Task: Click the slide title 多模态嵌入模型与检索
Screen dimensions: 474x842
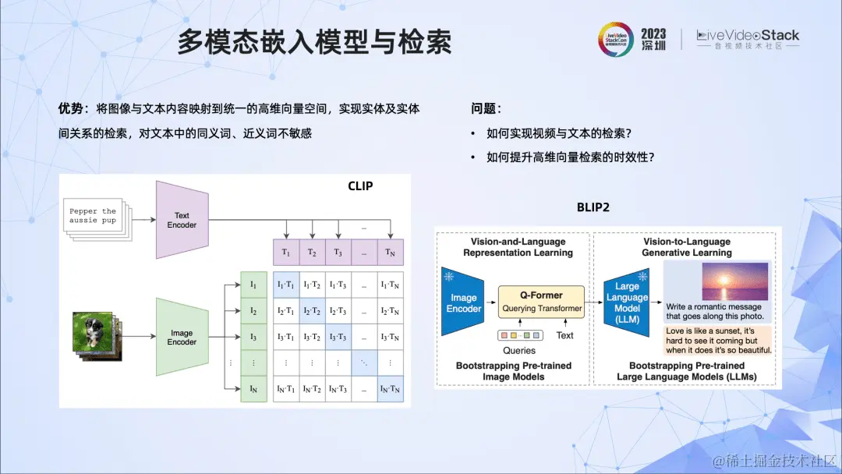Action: click(x=313, y=42)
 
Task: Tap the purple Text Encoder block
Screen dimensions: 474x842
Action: click(x=182, y=220)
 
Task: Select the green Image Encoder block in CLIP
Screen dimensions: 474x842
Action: click(x=182, y=337)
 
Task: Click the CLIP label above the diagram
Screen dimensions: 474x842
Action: click(x=360, y=186)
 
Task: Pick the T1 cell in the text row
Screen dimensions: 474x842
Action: click(x=285, y=253)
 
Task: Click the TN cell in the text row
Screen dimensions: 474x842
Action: click(x=390, y=253)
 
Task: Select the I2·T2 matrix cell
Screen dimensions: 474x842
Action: click(x=312, y=310)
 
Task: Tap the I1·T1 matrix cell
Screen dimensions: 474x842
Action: click(x=285, y=284)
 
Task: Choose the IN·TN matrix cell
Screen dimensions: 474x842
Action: click(x=390, y=388)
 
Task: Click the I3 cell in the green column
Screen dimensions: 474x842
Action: click(x=253, y=337)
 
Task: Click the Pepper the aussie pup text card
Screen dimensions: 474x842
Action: click(x=93, y=215)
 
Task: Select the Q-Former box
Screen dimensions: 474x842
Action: click(x=541, y=301)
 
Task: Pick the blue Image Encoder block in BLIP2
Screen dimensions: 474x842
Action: click(x=463, y=302)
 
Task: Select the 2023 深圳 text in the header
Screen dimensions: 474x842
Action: click(x=653, y=39)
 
